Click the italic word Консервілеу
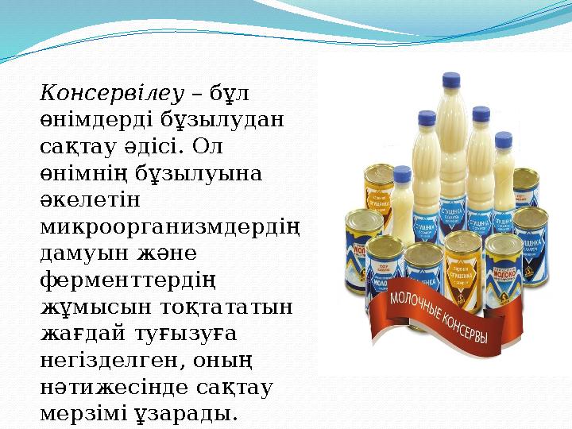pyautogui.click(x=111, y=93)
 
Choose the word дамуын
pyautogui.click(x=80, y=253)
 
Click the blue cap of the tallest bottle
pyautogui.click(x=451, y=80)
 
